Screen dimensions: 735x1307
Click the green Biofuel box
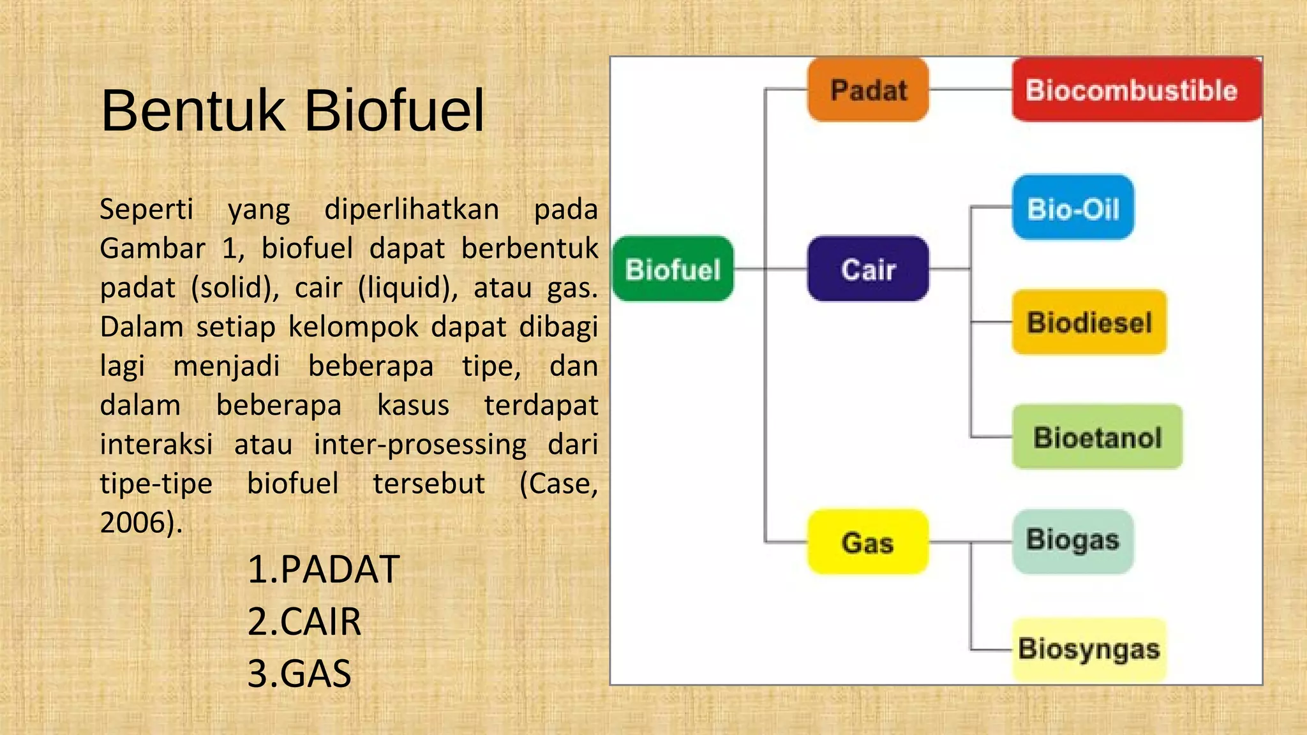pyautogui.click(x=673, y=269)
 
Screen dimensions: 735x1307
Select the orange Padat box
pyautogui.click(x=868, y=90)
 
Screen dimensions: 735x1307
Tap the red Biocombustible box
pyautogui.click(x=1136, y=90)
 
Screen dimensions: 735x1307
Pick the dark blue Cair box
pyautogui.click(x=868, y=269)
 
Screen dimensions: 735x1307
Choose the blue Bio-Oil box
pyautogui.click(x=1073, y=207)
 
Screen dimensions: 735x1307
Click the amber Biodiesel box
pyautogui.click(x=1089, y=322)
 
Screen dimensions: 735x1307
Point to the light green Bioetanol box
pyautogui.click(x=1097, y=437)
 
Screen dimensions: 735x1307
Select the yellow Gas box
pyautogui.click(x=867, y=542)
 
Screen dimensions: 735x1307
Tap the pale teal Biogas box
pyautogui.click(x=1073, y=541)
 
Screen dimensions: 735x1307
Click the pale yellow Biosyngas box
pyautogui.click(x=1089, y=650)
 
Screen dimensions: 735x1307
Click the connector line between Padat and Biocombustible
pyautogui.click(x=970, y=89)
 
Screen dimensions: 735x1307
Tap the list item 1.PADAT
pyautogui.click(x=323, y=569)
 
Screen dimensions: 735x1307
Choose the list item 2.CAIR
pyautogui.click(x=304, y=621)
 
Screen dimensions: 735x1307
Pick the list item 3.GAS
pyautogui.click(x=299, y=674)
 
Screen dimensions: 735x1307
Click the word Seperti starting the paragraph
pyautogui.click(x=146, y=210)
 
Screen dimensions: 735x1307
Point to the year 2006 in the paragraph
pyautogui.click(x=137, y=523)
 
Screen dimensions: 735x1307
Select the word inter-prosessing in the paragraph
pyautogui.click(x=420, y=445)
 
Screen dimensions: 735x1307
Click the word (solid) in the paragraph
pyautogui.click(x=235, y=288)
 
